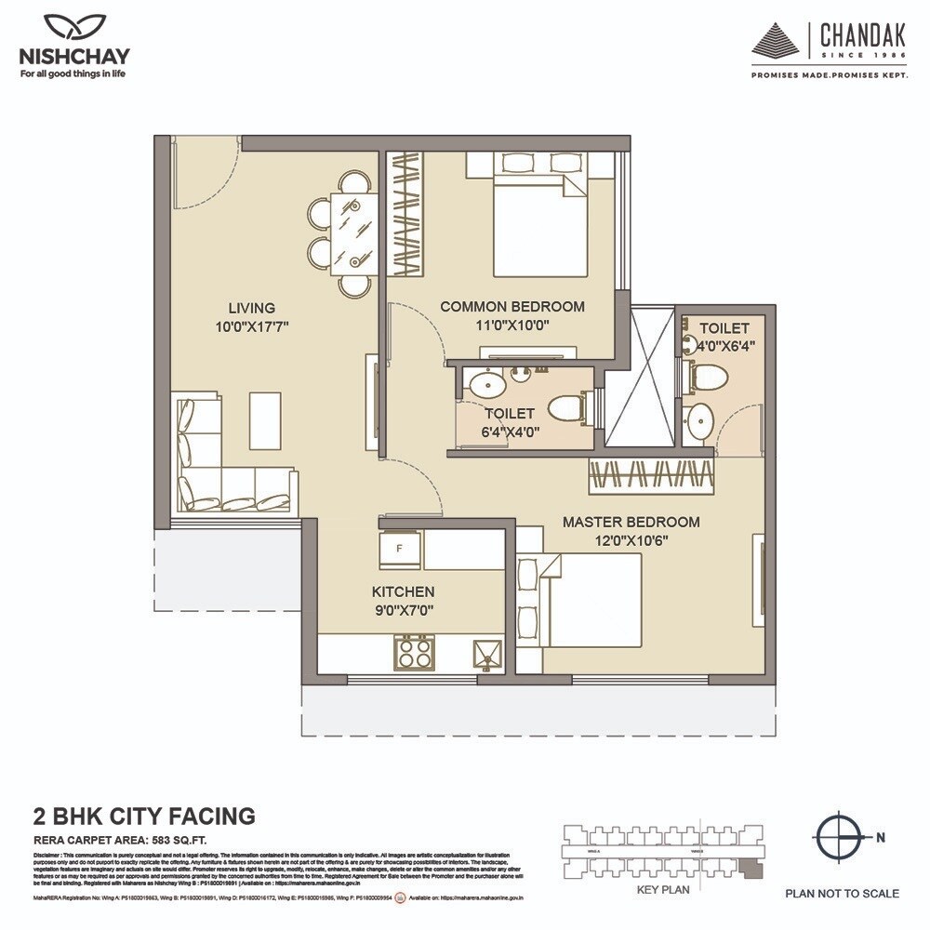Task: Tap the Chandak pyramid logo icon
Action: click(779, 43)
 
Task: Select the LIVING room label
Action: click(251, 308)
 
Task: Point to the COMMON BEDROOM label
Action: click(511, 306)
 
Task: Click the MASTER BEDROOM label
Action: click(631, 522)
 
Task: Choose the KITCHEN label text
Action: click(403, 591)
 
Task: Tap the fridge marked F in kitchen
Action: click(401, 548)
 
